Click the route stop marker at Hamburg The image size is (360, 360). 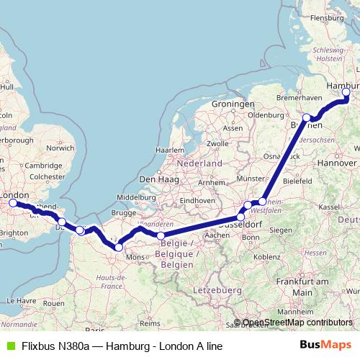[x=346, y=92]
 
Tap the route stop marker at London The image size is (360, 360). [x=13, y=204]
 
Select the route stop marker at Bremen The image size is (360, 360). [x=307, y=117]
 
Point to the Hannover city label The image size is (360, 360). [x=336, y=163]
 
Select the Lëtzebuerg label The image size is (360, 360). [x=216, y=289]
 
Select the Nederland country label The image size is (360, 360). [x=199, y=163]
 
